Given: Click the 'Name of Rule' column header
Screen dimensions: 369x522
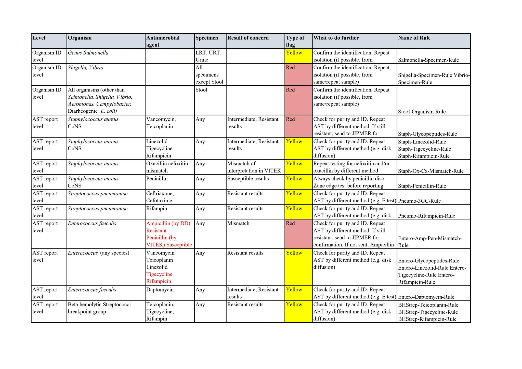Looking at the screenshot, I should click(x=414, y=38).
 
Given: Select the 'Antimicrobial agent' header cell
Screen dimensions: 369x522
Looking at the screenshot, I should click(x=163, y=41).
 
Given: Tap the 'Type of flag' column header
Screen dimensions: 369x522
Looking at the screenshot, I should click(x=295, y=41).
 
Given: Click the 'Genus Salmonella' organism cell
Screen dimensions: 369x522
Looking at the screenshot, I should click(x=88, y=53).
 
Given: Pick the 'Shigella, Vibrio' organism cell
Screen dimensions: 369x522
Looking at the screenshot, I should click(x=86, y=68).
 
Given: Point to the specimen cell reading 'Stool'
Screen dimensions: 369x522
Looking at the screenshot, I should click(x=201, y=90).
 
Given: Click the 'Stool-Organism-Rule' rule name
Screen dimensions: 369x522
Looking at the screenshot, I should click(x=422, y=112).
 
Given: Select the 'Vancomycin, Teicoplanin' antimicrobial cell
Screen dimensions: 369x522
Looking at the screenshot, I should click(x=161, y=123).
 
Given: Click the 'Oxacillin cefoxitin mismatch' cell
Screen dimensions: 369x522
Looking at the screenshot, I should click(x=167, y=167).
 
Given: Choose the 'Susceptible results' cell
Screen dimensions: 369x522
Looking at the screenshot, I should click(x=248, y=179).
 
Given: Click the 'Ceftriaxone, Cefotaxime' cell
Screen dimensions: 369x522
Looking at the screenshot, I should click(x=160, y=197).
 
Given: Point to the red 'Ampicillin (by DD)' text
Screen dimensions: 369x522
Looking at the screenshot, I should click(x=168, y=223).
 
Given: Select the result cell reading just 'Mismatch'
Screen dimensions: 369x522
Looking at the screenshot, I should click(x=238, y=223).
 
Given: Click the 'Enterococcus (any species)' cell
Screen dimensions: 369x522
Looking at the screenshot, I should click(x=99, y=253).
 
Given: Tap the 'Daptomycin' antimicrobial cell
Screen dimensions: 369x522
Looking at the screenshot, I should click(x=160, y=290).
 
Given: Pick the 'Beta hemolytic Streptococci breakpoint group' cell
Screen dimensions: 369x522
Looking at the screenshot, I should click(x=99, y=308).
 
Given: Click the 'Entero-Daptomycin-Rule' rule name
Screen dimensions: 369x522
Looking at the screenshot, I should click(x=426, y=297).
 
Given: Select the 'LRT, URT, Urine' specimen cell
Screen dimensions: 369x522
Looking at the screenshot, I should click(x=208, y=56).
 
